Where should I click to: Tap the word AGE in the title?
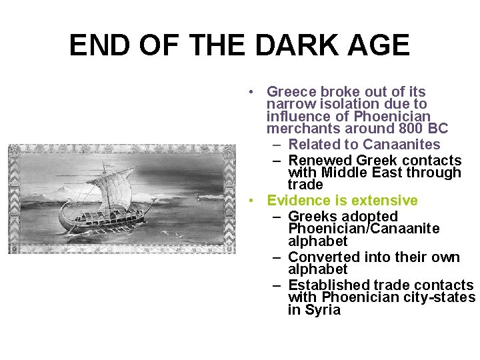381,45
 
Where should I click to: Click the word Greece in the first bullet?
291,91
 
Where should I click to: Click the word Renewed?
321,160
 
